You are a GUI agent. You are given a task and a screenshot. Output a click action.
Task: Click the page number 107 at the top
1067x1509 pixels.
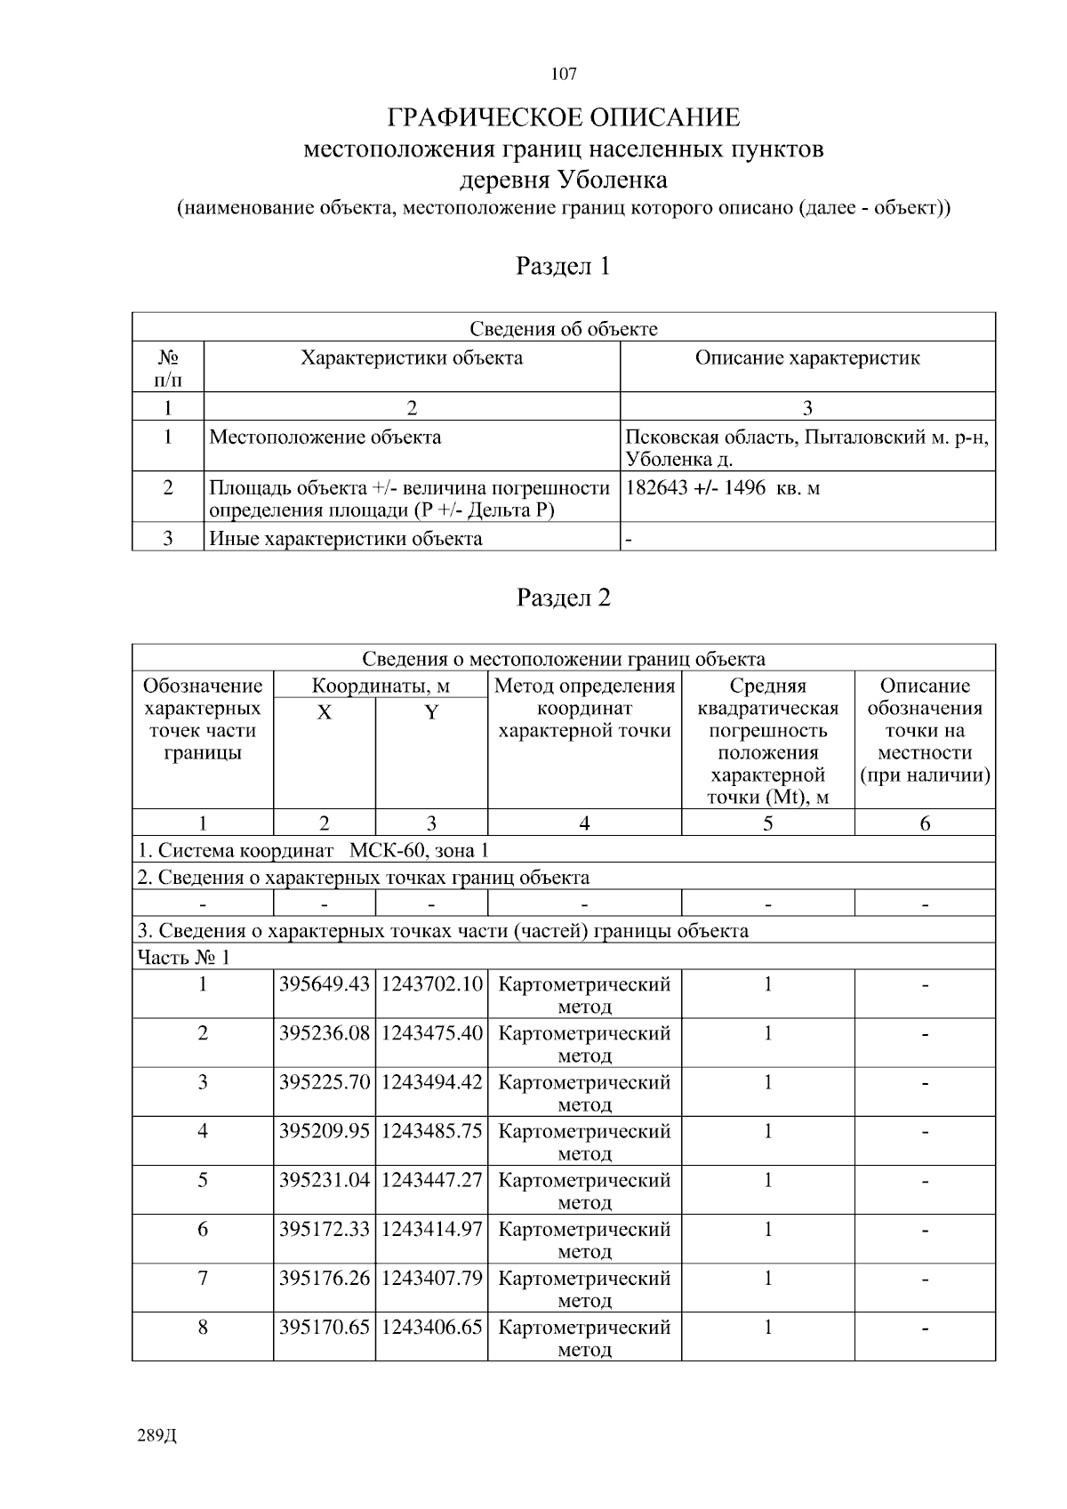(x=564, y=74)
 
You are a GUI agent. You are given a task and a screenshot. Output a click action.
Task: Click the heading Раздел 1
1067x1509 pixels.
(x=564, y=266)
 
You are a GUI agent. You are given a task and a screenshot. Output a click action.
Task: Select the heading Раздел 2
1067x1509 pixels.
(x=564, y=598)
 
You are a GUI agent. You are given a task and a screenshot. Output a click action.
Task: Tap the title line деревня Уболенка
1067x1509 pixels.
(x=563, y=181)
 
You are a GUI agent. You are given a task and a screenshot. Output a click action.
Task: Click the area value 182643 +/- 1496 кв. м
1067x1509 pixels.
(x=722, y=488)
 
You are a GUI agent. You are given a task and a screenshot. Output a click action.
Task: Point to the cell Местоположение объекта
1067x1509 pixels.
(x=325, y=437)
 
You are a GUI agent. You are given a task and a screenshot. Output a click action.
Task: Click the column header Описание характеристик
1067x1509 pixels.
(x=806, y=358)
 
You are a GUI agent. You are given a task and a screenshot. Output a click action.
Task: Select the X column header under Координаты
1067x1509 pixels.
(x=325, y=712)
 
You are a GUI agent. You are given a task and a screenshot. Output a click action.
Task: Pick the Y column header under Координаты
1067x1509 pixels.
(x=431, y=712)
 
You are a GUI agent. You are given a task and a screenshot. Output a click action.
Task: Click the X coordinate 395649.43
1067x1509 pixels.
(x=324, y=984)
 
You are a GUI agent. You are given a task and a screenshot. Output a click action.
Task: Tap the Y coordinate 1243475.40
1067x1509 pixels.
(x=431, y=1033)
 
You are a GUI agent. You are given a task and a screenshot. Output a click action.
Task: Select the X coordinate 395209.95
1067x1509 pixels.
(x=324, y=1131)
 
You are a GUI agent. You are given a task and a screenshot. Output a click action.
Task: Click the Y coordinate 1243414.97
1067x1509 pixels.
(x=431, y=1229)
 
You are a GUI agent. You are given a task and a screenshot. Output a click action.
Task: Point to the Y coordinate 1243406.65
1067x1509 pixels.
(x=431, y=1327)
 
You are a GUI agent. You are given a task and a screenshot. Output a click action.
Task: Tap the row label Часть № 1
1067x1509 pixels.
(x=183, y=958)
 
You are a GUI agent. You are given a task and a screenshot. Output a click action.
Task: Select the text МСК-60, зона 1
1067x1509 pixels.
(x=418, y=850)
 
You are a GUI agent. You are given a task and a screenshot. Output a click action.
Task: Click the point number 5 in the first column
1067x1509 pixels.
(x=203, y=1180)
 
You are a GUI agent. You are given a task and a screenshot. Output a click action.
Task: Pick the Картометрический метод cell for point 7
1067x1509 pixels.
(x=584, y=1288)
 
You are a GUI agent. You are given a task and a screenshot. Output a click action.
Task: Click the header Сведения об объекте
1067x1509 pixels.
(x=563, y=329)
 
